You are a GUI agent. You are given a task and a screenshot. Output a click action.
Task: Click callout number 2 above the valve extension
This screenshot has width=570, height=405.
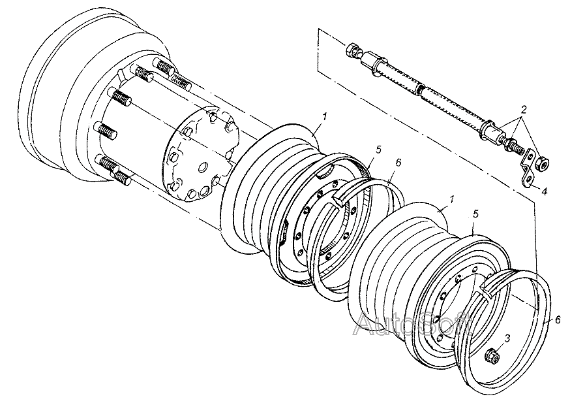pos(523,109)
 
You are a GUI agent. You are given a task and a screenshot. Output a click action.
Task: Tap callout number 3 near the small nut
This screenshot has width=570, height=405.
pos(507,338)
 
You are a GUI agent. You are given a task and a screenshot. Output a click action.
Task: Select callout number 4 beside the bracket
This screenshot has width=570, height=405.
pos(544,191)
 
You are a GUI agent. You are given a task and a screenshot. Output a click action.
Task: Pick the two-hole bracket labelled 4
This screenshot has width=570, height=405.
pos(527,169)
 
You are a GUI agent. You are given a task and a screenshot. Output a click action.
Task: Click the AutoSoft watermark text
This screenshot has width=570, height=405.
pos(413,323)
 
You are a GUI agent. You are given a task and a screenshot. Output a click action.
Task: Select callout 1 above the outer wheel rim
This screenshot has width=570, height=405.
pos(452,199)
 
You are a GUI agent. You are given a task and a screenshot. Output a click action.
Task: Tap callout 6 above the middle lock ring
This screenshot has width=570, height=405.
pos(398,163)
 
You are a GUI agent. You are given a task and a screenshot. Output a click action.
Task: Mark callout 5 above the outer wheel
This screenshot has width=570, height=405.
pos(476,214)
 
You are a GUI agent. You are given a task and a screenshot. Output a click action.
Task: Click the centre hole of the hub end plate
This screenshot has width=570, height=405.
pos(202,167)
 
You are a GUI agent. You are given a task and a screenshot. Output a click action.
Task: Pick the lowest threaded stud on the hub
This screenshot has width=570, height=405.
pos(121,178)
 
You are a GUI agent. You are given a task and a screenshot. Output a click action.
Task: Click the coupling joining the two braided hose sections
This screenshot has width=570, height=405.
pos(421,89)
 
